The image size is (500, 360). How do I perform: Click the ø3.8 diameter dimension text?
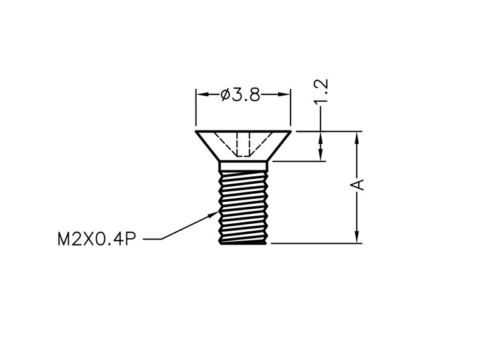(x=241, y=95)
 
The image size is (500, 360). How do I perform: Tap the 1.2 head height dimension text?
(x=321, y=91)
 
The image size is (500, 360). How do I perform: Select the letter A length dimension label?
(x=357, y=184)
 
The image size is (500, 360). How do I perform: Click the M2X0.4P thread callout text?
(x=97, y=239)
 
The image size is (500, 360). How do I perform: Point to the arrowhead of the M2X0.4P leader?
(x=213, y=214)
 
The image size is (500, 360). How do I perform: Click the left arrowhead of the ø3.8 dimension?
(x=202, y=94)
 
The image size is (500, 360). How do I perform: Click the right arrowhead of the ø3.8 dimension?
(x=284, y=94)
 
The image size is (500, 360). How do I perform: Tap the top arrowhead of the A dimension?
(x=357, y=137)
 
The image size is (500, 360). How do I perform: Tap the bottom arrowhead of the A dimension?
(x=357, y=237)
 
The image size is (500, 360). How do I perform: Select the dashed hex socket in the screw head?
(x=243, y=144)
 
